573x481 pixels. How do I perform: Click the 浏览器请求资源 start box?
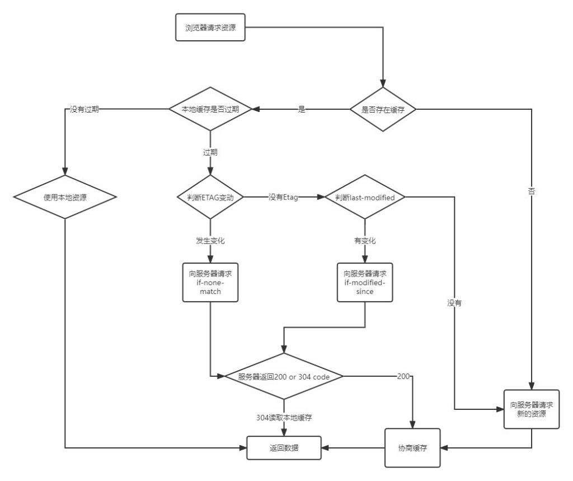pyautogui.click(x=210, y=28)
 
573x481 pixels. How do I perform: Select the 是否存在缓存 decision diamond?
pyautogui.click(x=384, y=110)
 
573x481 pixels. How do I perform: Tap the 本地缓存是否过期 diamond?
pyautogui.click(x=210, y=110)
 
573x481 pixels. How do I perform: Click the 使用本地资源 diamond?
pyautogui.click(x=65, y=197)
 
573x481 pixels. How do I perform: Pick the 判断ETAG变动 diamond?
pyautogui.click(x=210, y=197)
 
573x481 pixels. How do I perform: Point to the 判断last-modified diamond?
pyautogui.click(x=365, y=197)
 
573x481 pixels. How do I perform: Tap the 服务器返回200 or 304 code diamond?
pyautogui.click(x=283, y=377)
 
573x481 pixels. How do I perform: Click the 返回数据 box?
pyautogui.click(x=284, y=448)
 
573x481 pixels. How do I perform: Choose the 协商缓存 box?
pyautogui.click(x=412, y=448)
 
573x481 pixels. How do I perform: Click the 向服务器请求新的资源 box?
pyautogui.click(x=530, y=409)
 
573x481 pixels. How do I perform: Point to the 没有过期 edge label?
pyautogui.click(x=84, y=110)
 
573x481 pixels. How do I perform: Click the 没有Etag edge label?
pyautogui.click(x=283, y=197)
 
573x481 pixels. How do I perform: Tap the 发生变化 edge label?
pyautogui.click(x=210, y=241)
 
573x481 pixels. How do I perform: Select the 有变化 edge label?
pyautogui.click(x=365, y=241)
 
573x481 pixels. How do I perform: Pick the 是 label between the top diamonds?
pyautogui.click(x=302, y=110)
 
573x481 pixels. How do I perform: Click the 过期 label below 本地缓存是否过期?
pyautogui.click(x=210, y=152)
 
